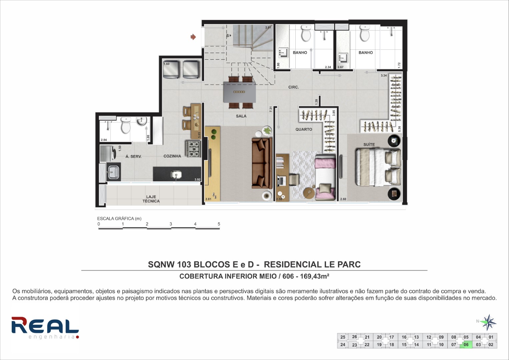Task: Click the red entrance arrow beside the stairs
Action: (x=193, y=37)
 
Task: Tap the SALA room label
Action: (x=241, y=116)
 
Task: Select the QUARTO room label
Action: (x=304, y=129)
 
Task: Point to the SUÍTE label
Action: (x=369, y=144)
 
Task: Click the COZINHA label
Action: (x=172, y=156)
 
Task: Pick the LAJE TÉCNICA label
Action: (x=151, y=199)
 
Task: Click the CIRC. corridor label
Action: (x=294, y=87)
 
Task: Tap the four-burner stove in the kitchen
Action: (x=193, y=149)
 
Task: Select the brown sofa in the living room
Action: (x=262, y=163)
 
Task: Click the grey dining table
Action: (x=240, y=92)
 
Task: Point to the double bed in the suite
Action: (x=378, y=167)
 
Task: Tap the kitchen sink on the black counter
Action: (x=176, y=175)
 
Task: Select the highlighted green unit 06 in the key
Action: (x=466, y=345)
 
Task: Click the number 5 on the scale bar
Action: (x=219, y=224)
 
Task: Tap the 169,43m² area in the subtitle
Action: (x=315, y=276)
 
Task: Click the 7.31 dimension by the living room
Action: (x=271, y=109)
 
